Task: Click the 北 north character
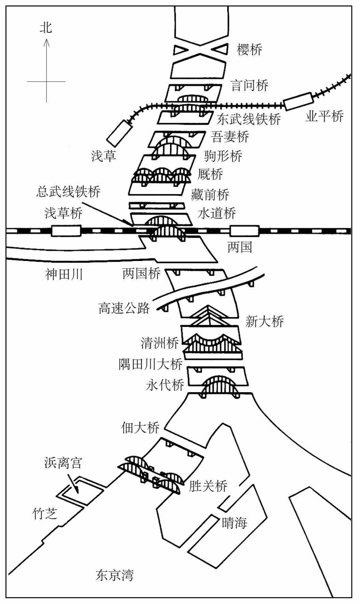tap(46, 27)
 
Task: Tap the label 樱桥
tap(250, 50)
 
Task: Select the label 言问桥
tap(250, 85)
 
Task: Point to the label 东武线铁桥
tap(249, 119)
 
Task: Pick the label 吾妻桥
tap(230, 137)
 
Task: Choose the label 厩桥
tap(210, 175)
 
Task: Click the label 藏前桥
tap(210, 195)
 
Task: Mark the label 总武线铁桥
tap(69, 192)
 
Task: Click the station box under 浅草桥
tap(66, 231)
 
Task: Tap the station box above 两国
tap(245, 231)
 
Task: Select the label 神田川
tap(64, 274)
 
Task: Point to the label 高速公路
tap(124, 308)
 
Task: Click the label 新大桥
tap(265, 321)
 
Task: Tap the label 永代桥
tap(165, 385)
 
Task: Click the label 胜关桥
tap(208, 486)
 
